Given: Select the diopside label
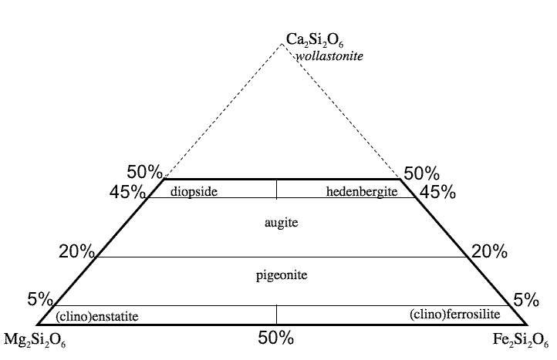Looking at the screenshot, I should point(185,192).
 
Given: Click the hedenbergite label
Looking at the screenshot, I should point(361,192).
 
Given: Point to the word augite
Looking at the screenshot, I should point(276,222).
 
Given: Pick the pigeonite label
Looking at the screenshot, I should point(275,274).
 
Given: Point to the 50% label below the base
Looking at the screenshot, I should point(276,338).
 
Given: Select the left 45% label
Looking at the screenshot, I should point(128,192).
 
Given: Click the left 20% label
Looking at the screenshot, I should point(76,251).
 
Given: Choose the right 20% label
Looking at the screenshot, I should point(489,251).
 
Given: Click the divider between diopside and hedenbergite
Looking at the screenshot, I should point(277,189).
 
